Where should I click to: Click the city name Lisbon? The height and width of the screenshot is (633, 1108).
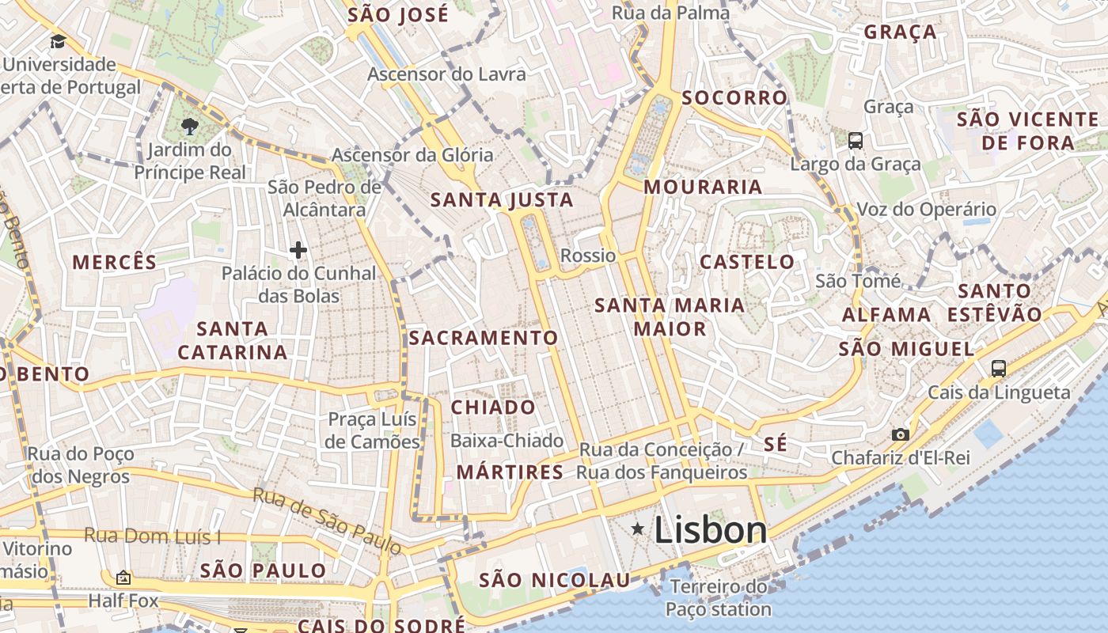click(710, 530)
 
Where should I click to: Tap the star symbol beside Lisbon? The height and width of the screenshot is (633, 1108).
click(637, 528)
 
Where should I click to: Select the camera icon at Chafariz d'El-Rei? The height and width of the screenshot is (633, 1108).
click(900, 434)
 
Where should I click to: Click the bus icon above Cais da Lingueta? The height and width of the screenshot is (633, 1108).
click(999, 368)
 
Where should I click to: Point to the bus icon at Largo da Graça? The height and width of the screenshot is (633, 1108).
click(856, 141)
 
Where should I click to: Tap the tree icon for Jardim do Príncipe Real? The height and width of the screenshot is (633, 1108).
click(189, 126)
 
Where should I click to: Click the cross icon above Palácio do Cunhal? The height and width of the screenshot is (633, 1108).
click(298, 251)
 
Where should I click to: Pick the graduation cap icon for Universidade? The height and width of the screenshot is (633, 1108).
click(58, 41)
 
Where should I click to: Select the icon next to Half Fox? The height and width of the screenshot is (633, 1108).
click(123, 578)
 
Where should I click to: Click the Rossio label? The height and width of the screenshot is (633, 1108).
click(587, 256)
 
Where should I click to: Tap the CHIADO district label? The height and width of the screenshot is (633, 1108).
click(493, 407)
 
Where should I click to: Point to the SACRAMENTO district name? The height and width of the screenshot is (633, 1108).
click(484, 338)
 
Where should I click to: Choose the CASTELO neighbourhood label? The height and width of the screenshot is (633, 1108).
click(747, 262)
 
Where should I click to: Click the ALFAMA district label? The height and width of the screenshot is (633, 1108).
click(886, 315)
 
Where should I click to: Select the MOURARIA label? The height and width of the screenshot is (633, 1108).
click(703, 188)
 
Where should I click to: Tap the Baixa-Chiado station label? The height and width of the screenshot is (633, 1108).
click(507, 441)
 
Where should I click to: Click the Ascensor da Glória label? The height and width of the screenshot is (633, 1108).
click(412, 155)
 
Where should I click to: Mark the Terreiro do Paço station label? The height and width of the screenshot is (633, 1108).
click(718, 597)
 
